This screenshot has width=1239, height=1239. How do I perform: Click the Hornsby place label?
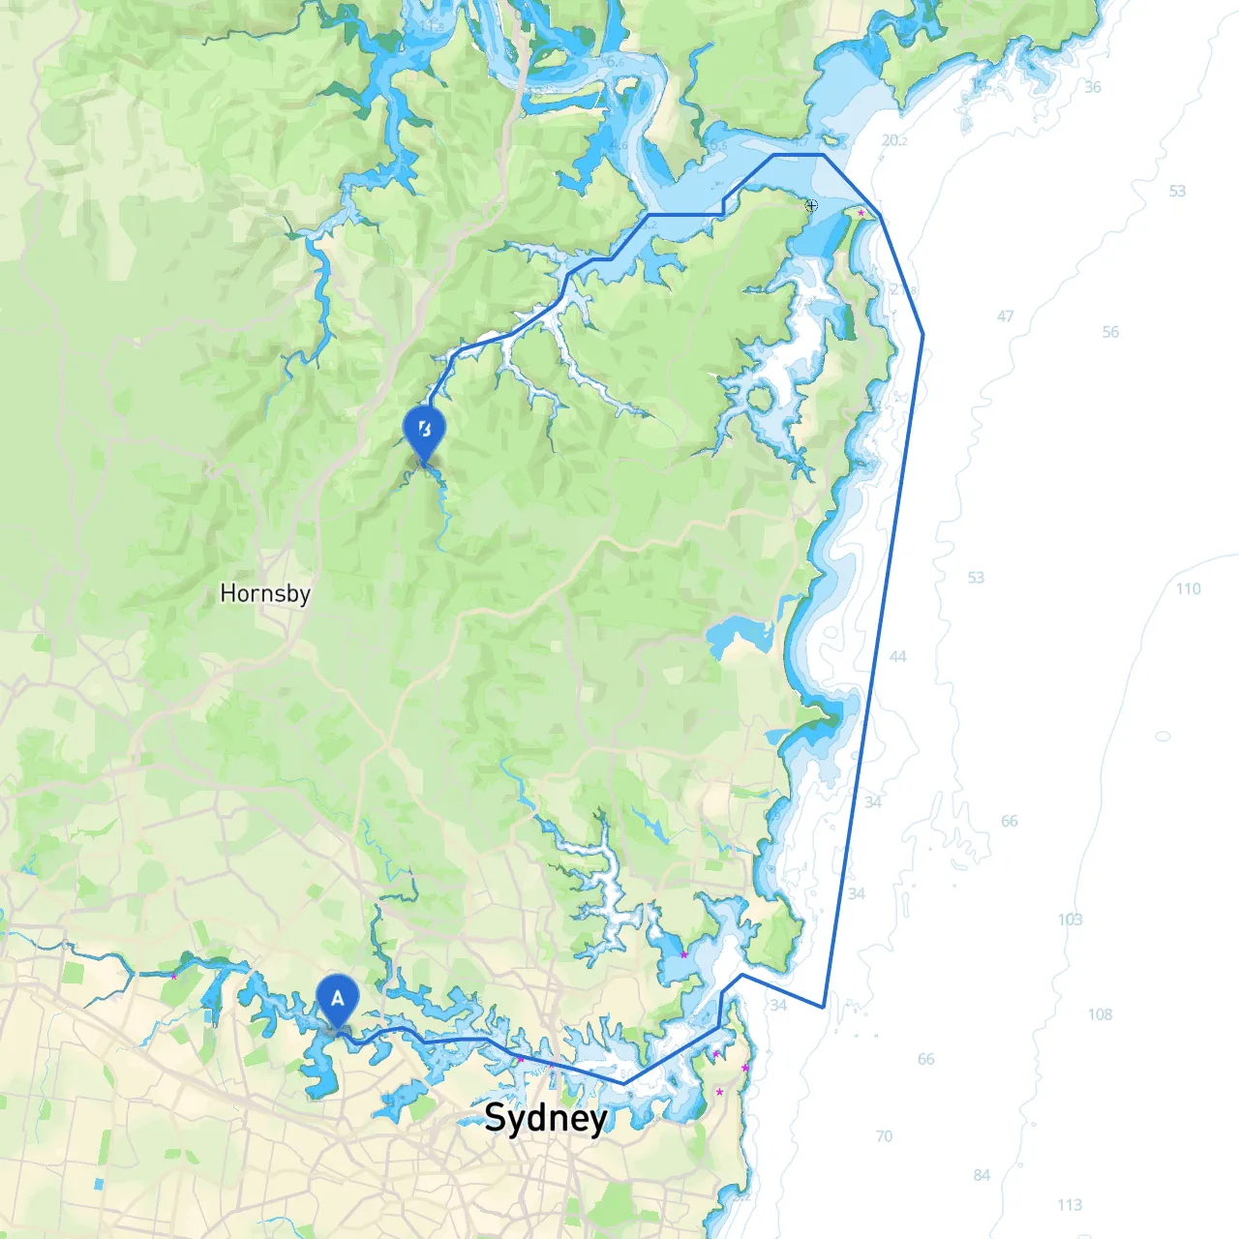[265, 592]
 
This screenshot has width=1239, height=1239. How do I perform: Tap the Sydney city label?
[546, 1117]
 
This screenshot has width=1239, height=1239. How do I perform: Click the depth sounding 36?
[1093, 87]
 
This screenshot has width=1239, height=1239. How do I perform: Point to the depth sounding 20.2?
[894, 140]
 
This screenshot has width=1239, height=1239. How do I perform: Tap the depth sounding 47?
[1006, 317]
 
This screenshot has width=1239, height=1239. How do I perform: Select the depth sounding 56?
[1110, 332]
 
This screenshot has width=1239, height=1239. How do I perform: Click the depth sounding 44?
[898, 656]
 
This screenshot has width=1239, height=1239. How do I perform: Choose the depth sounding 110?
[1189, 589]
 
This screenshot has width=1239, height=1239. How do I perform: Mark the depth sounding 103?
[1070, 919]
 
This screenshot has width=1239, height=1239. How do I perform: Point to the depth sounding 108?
[1100, 1014]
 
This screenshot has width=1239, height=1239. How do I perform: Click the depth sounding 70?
[884, 1136]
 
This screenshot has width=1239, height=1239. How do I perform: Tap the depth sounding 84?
[982, 1175]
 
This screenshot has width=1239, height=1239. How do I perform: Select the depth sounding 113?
[1070, 1205]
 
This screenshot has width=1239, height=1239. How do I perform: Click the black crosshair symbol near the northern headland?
[811, 205]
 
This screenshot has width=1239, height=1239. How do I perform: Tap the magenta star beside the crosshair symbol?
[861, 212]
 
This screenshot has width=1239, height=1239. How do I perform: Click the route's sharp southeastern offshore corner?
[824, 1007]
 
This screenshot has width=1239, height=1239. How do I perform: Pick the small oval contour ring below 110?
[1163, 737]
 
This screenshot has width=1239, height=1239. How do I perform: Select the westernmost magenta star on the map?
[174, 976]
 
